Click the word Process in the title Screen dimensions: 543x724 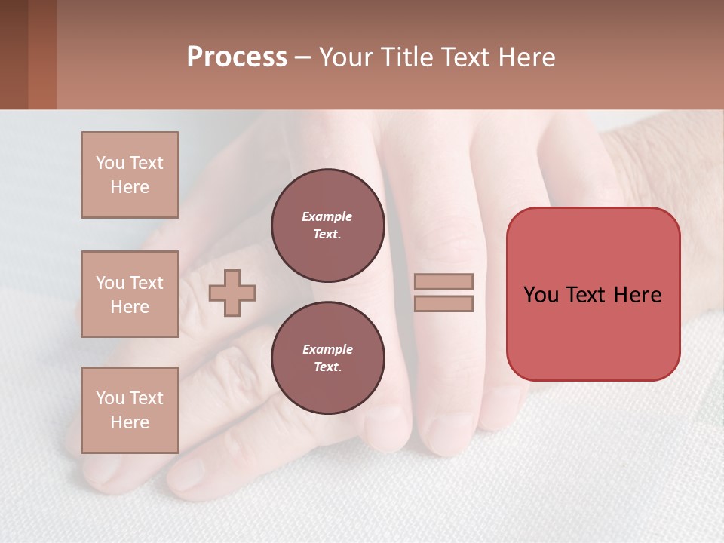pyautogui.click(x=237, y=57)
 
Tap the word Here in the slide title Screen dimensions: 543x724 pyautogui.click(x=526, y=57)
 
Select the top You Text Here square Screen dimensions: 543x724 pyautogui.click(x=130, y=175)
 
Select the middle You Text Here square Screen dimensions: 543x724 pyautogui.click(x=130, y=294)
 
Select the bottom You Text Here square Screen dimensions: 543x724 pyautogui.click(x=130, y=410)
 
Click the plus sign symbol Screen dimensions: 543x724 pyautogui.click(x=232, y=292)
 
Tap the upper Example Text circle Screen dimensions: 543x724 pyautogui.click(x=327, y=225)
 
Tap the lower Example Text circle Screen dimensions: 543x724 pyautogui.click(x=327, y=358)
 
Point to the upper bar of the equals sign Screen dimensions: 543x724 pyautogui.click(x=443, y=281)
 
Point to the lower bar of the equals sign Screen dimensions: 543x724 pyautogui.click(x=443, y=303)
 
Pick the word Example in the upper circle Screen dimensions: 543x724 pyautogui.click(x=327, y=216)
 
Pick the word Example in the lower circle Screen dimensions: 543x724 pyautogui.click(x=327, y=349)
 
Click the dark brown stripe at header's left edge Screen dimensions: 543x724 pyautogui.click(x=14, y=54)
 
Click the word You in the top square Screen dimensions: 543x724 pyautogui.click(x=109, y=163)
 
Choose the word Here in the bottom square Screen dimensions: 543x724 pyautogui.click(x=130, y=422)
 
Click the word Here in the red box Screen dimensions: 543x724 pyautogui.click(x=638, y=295)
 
